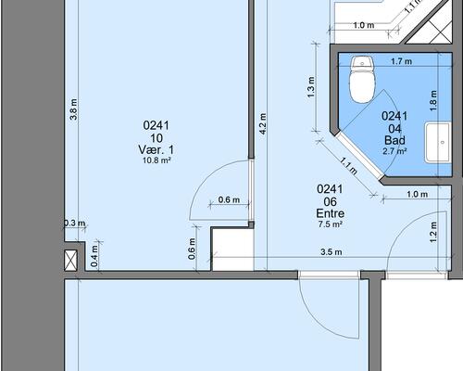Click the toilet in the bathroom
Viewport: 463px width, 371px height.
(x=362, y=80)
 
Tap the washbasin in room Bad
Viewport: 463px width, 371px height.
(x=438, y=142)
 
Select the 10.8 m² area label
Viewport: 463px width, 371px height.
(x=156, y=160)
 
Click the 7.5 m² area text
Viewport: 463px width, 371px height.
(x=330, y=224)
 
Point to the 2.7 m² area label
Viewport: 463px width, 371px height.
(x=394, y=151)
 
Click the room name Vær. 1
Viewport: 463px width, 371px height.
(x=156, y=150)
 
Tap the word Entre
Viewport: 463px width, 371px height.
(x=331, y=213)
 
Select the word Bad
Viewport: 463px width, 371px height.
(x=394, y=140)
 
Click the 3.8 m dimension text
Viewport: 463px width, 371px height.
(x=73, y=109)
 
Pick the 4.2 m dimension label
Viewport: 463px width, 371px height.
(x=262, y=124)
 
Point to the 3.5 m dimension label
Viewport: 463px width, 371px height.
(x=332, y=252)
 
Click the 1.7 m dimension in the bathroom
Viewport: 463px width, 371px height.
(x=401, y=61)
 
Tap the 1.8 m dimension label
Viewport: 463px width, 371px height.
(x=433, y=100)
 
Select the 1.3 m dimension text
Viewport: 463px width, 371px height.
(x=311, y=87)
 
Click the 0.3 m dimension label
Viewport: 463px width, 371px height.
(x=75, y=223)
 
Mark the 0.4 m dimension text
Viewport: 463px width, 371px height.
(x=94, y=256)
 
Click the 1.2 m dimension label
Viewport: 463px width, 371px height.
(x=433, y=232)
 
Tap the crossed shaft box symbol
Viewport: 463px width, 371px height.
(x=70, y=261)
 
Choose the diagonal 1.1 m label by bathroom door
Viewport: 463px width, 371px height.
(x=349, y=166)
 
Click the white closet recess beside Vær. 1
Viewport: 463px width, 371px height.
(x=232, y=249)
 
